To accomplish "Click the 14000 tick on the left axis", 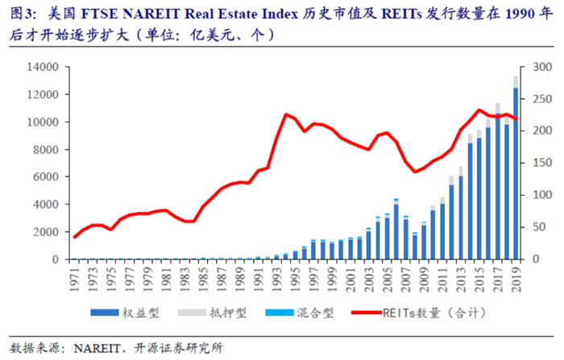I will coord(41,67).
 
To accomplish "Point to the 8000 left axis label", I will coord(44,150).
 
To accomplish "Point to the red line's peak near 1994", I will coord(286,114).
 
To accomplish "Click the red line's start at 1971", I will coord(75,237).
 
